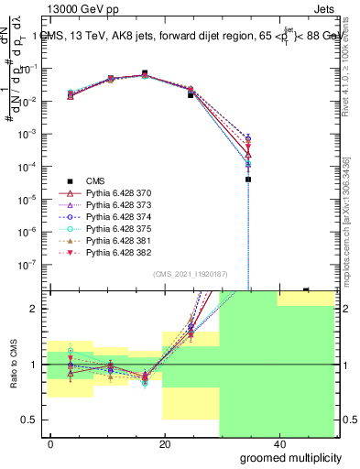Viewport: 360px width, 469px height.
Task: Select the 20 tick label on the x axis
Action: coord(164,444)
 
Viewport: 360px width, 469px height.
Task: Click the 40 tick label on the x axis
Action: coord(278,444)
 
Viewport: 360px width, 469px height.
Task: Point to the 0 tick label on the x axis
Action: coord(51,444)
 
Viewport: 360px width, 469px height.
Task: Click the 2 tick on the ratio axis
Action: coord(35,309)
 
